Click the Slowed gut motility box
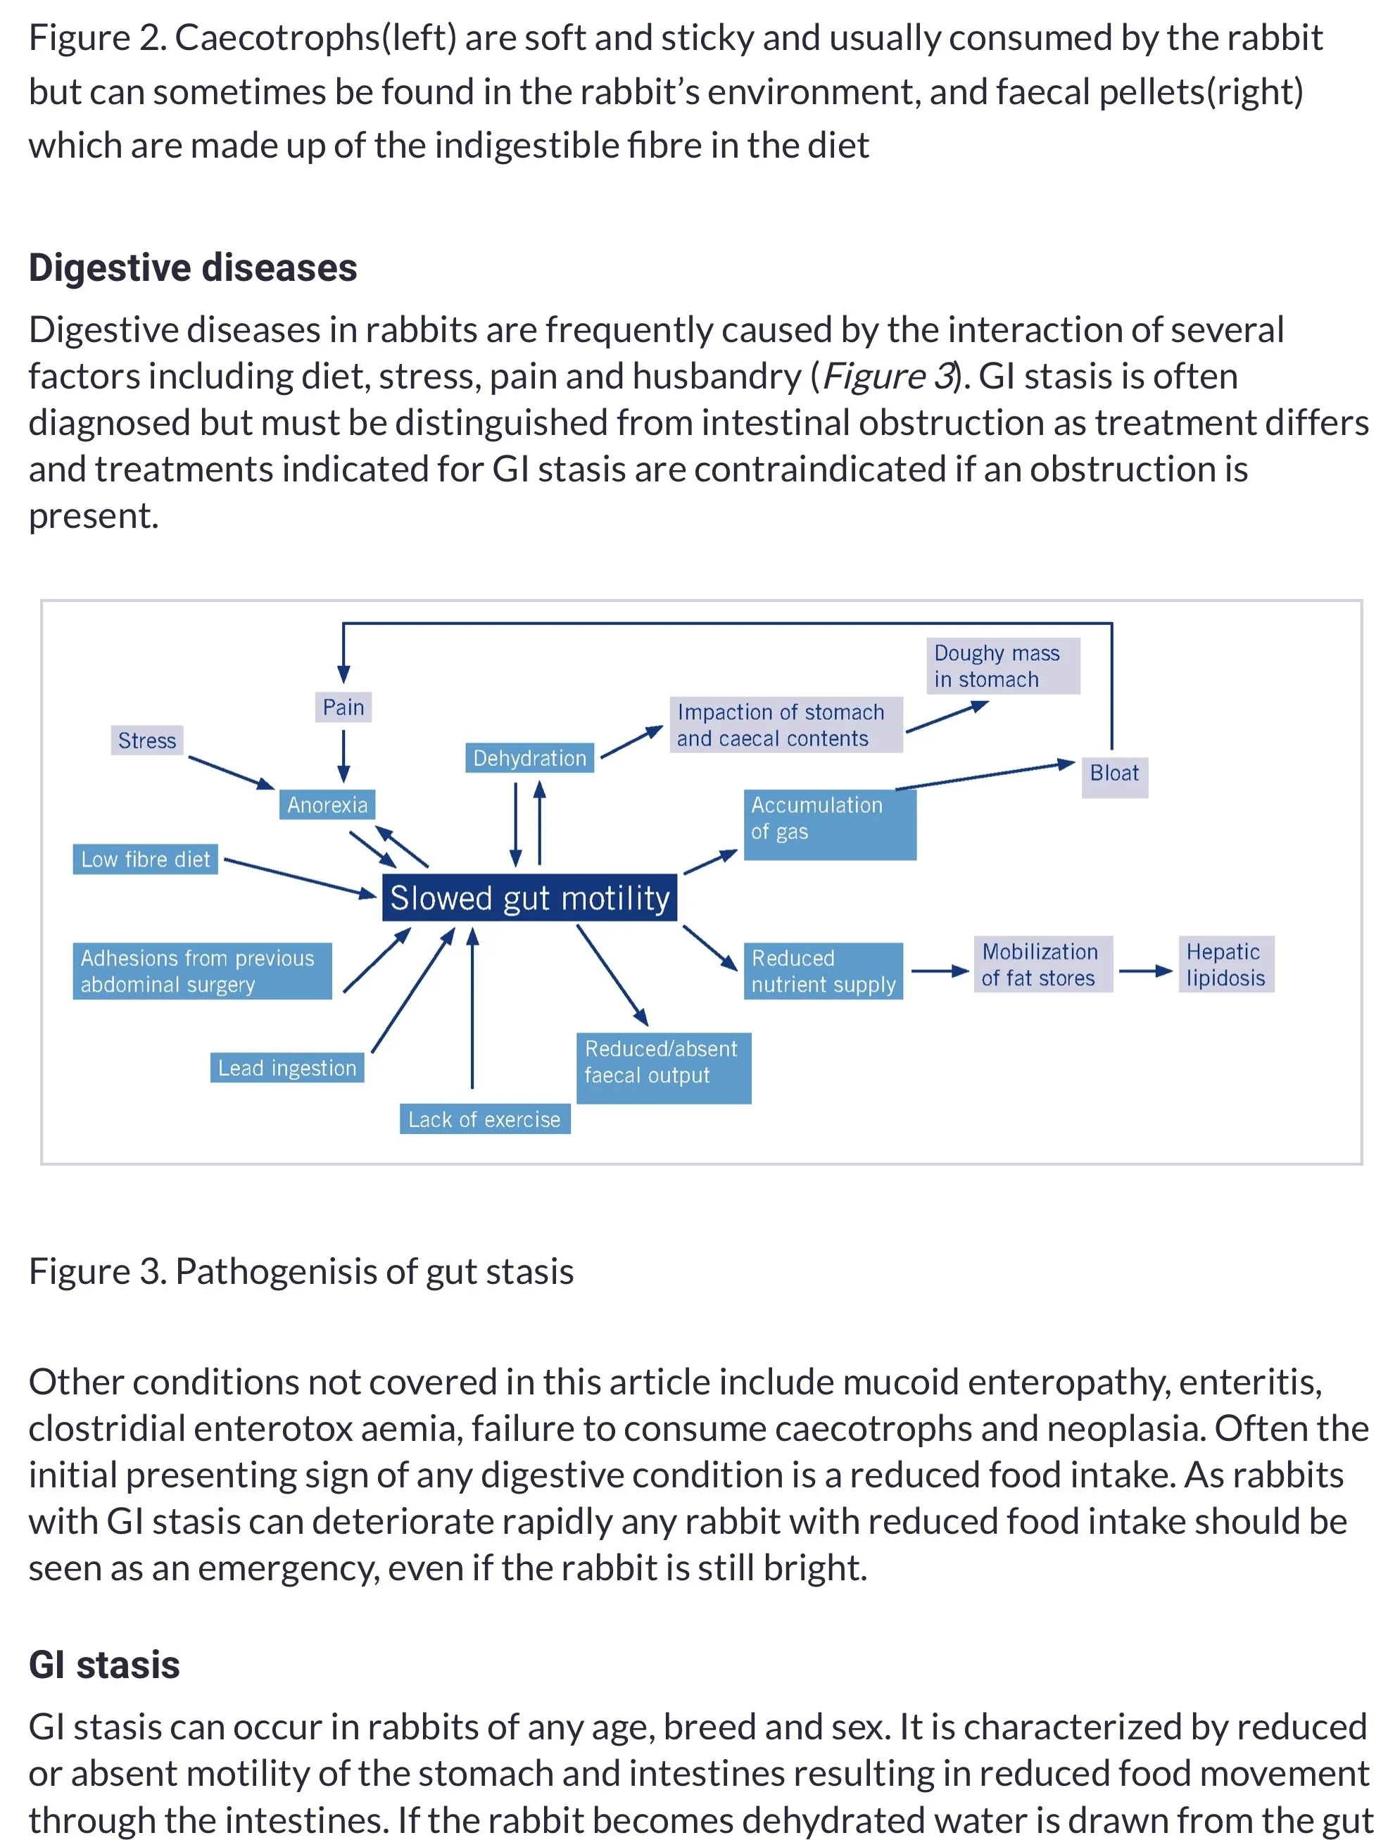point(529,897)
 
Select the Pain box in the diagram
point(343,707)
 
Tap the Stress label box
point(146,741)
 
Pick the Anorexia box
point(327,805)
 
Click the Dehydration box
point(529,758)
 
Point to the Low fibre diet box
point(146,859)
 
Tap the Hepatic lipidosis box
point(1225,964)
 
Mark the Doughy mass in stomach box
point(1002,665)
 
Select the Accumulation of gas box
point(829,824)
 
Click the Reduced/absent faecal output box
point(663,1067)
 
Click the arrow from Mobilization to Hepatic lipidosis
point(1144,971)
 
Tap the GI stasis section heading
point(104,1665)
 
